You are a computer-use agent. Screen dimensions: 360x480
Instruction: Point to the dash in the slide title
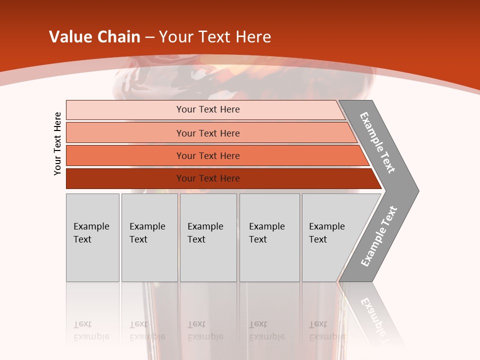pyautogui.click(x=149, y=37)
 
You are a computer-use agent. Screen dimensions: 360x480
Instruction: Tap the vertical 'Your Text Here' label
pyautogui.click(x=57, y=144)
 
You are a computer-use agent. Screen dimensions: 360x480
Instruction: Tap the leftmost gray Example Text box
pyautogui.click(x=92, y=237)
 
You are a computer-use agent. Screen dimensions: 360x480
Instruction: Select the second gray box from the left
pyautogui.click(x=149, y=237)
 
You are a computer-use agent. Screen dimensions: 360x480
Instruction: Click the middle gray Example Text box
pyautogui.click(x=208, y=237)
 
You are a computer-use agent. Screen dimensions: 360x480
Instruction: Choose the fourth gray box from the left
pyautogui.click(x=269, y=237)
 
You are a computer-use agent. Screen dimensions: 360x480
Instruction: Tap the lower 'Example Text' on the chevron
pyautogui.click(x=378, y=236)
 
